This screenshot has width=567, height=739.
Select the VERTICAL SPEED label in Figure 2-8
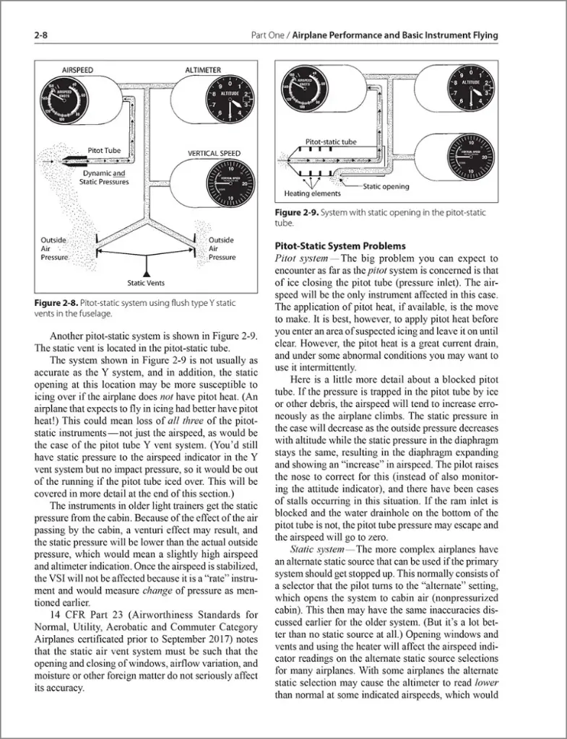(x=215, y=154)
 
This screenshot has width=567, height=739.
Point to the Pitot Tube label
(x=105, y=151)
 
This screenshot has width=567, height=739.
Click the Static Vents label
(x=146, y=283)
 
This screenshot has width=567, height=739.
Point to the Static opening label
(x=386, y=186)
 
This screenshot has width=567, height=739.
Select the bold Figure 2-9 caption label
(x=295, y=213)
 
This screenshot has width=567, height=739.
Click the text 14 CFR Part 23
(x=83, y=614)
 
